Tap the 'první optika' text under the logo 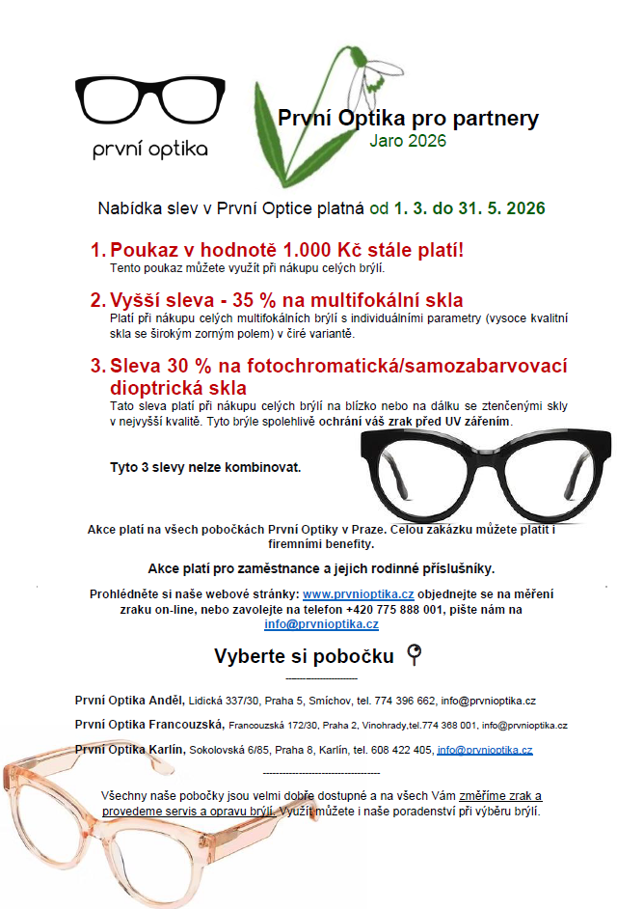[149, 150]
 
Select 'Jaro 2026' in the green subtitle [408, 140]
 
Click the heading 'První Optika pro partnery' [408, 119]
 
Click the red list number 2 [97, 299]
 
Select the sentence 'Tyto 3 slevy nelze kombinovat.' [205, 468]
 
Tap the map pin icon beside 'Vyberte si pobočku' [416, 656]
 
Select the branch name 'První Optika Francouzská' [149, 724]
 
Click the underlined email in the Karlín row [484, 749]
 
